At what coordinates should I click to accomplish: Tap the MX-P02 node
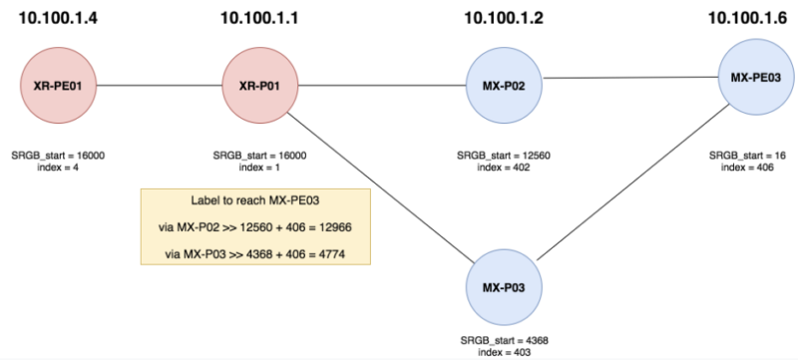point(504,86)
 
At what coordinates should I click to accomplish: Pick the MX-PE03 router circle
point(754,76)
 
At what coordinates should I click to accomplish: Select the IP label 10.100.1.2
point(504,18)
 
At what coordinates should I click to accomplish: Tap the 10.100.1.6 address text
point(754,18)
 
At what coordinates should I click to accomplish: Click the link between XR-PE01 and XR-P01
point(156,86)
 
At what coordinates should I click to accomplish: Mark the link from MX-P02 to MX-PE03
point(628,80)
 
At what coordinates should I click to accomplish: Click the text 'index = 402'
point(504,168)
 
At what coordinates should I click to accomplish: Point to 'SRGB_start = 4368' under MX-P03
point(504,340)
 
